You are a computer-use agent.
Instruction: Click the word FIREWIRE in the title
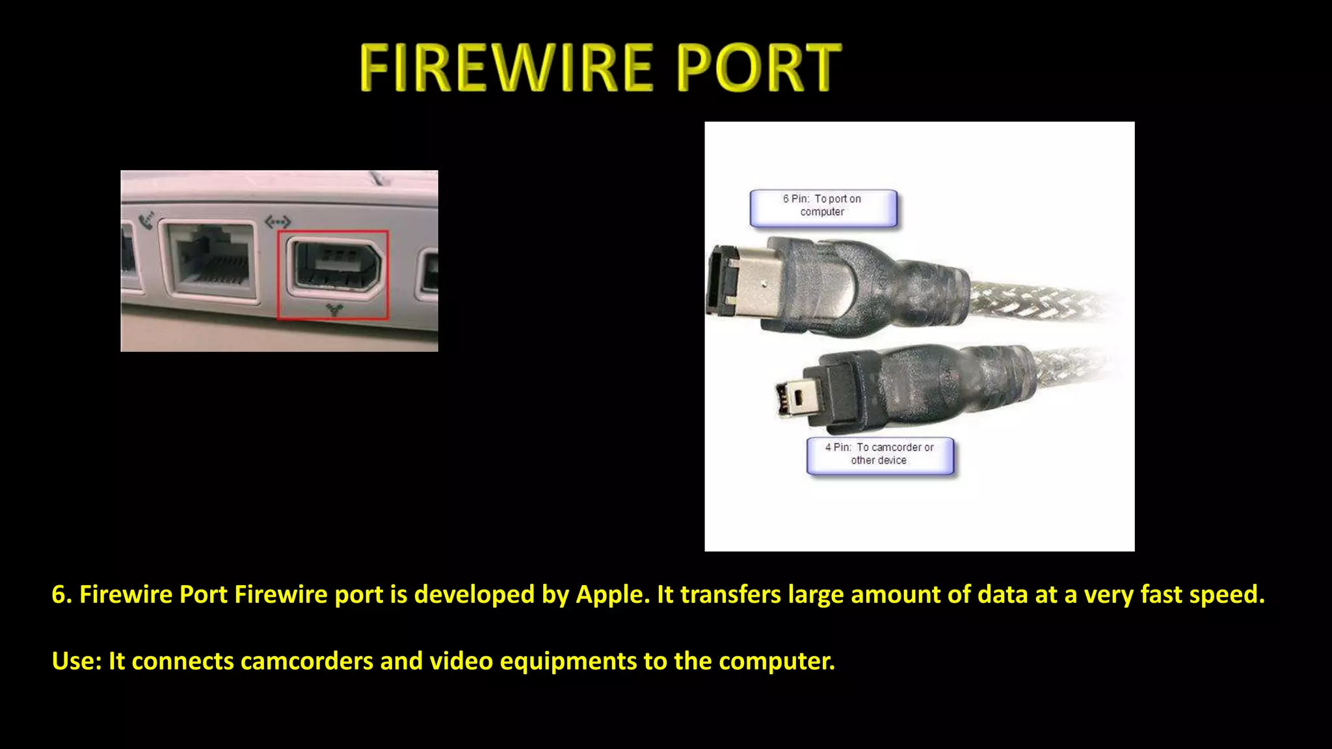(506, 68)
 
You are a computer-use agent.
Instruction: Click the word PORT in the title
(758, 68)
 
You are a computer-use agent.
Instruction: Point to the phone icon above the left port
(147, 220)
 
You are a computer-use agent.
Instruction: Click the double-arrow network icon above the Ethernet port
(278, 222)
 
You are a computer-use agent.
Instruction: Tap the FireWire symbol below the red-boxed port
(334, 309)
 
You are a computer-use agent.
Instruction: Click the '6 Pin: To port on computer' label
(823, 207)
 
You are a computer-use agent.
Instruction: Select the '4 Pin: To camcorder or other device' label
(879, 454)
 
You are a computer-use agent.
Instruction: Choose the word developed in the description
(474, 595)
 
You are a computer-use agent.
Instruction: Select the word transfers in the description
(730, 595)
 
